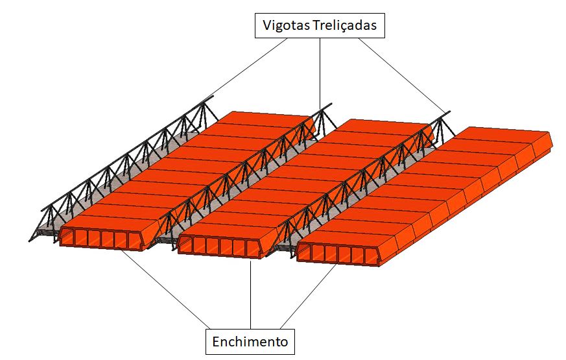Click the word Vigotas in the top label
click(x=286, y=26)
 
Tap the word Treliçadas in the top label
click(x=345, y=26)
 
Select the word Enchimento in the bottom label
click(x=250, y=342)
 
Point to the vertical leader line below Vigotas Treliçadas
click(x=320, y=73)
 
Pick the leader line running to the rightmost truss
click(x=402, y=75)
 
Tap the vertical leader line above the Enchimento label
click(x=250, y=294)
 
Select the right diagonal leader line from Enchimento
click(x=309, y=296)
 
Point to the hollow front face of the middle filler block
click(x=220, y=247)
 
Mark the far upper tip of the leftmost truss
click(x=213, y=97)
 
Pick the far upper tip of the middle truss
click(x=331, y=104)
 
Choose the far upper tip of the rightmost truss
click(x=449, y=112)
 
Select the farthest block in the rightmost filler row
click(x=505, y=136)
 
